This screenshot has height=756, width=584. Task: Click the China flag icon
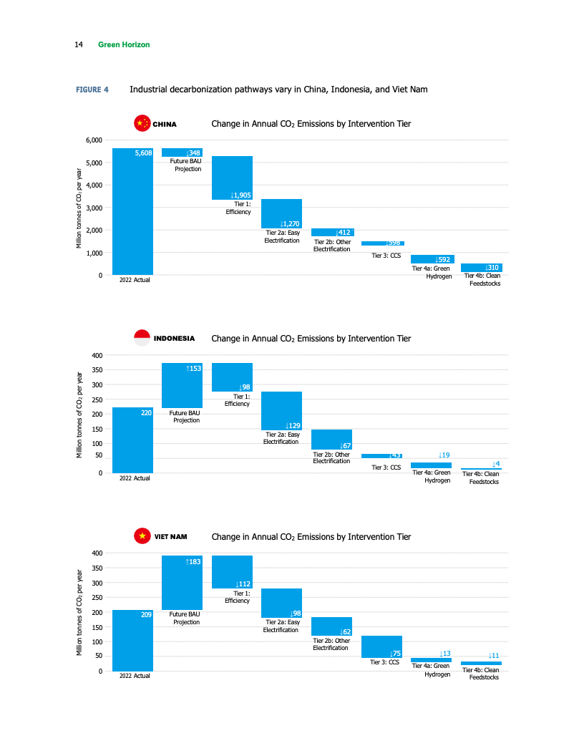pos(142,123)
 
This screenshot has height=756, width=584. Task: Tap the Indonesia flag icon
pos(142,338)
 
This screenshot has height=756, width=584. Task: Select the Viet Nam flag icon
pos(142,536)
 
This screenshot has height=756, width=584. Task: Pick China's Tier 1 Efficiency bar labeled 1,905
pos(232,178)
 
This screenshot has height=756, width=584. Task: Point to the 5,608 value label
pos(143,153)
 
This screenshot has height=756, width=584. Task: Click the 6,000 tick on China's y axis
pos(93,140)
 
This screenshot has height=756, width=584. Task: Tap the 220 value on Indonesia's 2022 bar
pos(145,413)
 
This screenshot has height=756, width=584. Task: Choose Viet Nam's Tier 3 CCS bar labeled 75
pos(381,646)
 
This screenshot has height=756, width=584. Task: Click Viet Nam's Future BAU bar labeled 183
pos(182,583)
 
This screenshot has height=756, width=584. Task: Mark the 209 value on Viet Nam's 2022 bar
pos(145,615)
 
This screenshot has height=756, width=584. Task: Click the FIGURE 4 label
pos(92,90)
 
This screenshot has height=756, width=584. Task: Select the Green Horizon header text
pos(124,45)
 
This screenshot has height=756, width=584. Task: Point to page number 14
pos(79,45)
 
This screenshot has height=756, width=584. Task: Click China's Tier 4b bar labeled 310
pos(481,268)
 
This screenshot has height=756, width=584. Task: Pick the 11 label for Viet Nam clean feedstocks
pos(493,655)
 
